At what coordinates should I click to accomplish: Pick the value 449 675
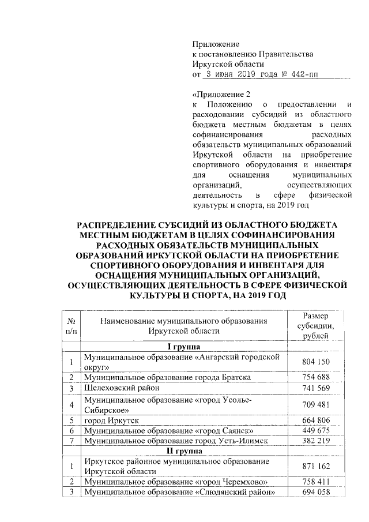(x=315, y=430)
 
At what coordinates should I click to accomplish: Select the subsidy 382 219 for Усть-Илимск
(x=315, y=441)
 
